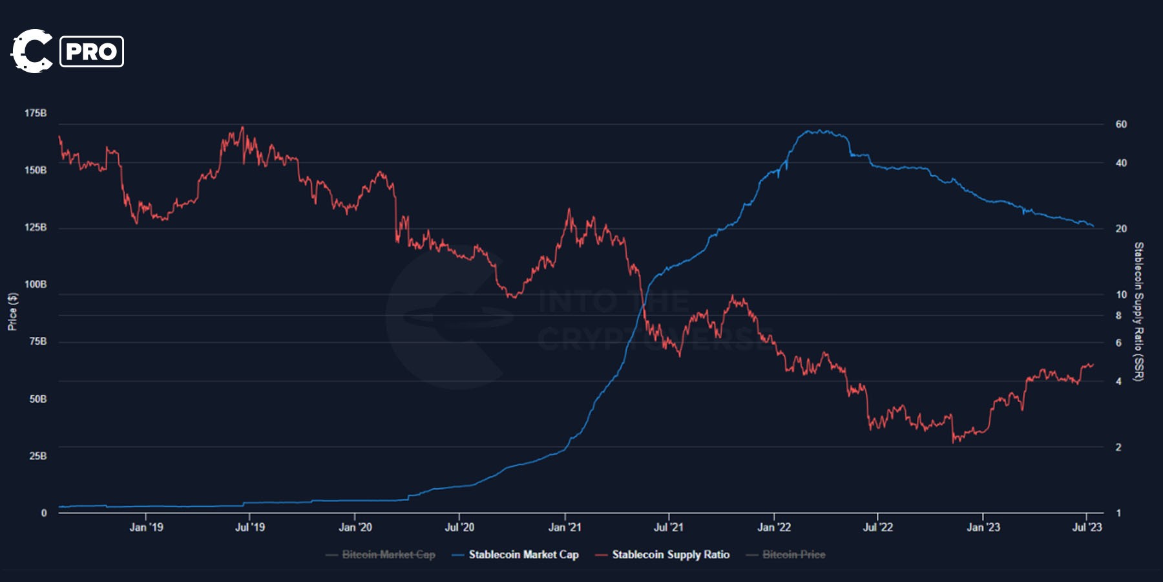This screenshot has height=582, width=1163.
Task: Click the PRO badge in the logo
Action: (x=91, y=52)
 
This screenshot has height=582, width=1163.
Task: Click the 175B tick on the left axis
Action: (x=36, y=113)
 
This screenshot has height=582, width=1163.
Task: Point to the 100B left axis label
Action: (x=36, y=285)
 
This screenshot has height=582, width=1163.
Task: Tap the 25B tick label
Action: (x=37, y=456)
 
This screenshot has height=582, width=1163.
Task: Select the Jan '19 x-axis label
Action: (x=146, y=527)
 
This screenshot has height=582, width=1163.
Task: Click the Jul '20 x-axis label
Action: (x=459, y=527)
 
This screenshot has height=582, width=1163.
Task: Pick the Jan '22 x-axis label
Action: (x=773, y=527)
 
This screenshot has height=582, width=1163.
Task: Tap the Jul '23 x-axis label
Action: (x=1087, y=527)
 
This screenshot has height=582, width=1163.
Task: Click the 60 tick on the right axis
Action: (x=1121, y=124)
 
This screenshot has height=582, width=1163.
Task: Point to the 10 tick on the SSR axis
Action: (x=1121, y=295)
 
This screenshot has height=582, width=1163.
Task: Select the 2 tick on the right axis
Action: (x=1118, y=447)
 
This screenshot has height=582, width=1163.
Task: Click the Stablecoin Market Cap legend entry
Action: (x=523, y=554)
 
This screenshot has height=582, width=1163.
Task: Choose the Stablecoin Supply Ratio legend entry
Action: (x=670, y=554)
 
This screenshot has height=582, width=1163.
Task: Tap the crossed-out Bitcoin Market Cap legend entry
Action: (x=388, y=554)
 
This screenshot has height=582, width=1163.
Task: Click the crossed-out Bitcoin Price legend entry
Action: (x=793, y=554)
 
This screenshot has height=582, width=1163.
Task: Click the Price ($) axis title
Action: (x=12, y=312)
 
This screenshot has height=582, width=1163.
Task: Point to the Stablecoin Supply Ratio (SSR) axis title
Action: (x=1138, y=312)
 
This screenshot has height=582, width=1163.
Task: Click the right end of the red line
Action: (x=1093, y=365)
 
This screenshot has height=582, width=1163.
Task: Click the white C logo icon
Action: (x=31, y=51)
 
